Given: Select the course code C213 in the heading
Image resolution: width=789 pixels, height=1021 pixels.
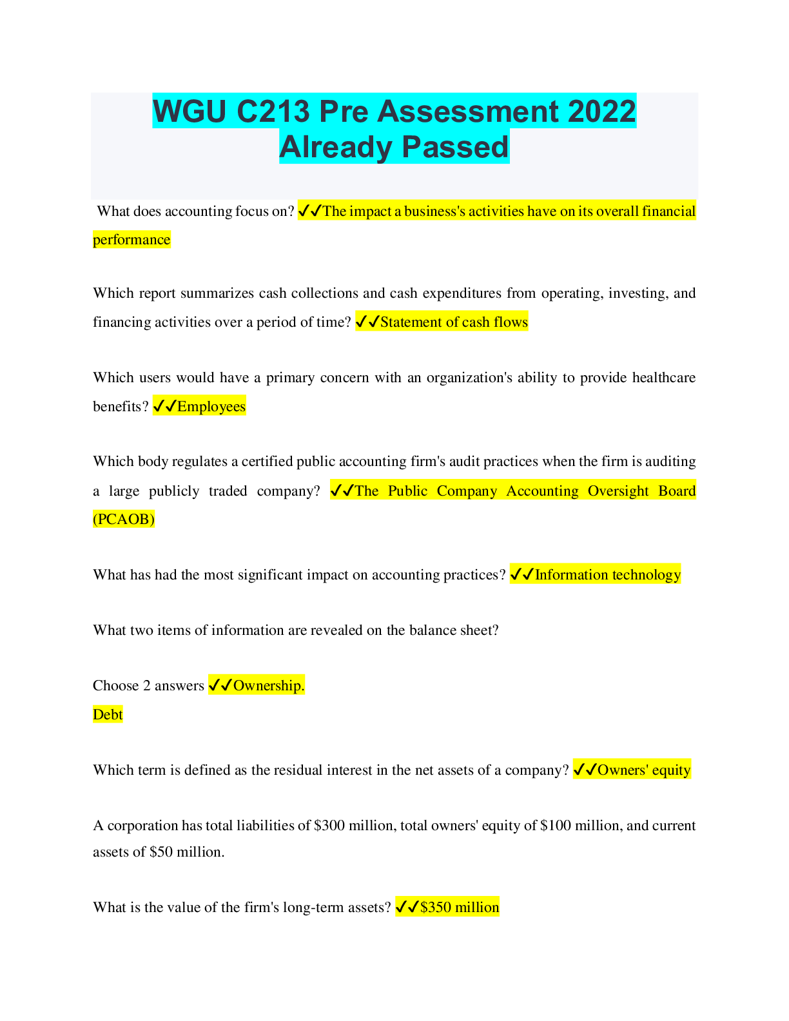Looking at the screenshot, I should click(x=273, y=111).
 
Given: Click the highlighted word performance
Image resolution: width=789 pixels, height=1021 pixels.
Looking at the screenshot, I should click(x=131, y=240).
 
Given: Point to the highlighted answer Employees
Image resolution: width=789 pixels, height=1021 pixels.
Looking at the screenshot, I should click(x=211, y=406).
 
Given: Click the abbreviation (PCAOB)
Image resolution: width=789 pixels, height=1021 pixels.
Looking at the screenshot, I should click(x=124, y=519).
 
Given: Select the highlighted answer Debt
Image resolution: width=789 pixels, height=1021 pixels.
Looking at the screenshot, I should click(x=108, y=714).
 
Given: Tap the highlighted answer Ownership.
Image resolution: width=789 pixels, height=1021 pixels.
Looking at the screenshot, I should click(x=268, y=685).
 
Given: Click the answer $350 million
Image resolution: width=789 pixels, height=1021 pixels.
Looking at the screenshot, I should click(x=459, y=907).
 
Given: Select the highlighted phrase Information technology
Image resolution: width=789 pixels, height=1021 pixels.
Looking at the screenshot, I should click(x=607, y=574).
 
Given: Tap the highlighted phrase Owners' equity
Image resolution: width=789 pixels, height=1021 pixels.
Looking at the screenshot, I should click(x=643, y=770).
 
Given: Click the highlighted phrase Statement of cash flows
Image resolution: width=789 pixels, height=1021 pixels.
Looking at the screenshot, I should click(x=454, y=322).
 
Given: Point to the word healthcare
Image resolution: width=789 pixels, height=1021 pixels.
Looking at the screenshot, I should click(x=663, y=377).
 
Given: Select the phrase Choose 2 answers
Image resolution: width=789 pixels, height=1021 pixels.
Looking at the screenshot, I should click(x=148, y=685).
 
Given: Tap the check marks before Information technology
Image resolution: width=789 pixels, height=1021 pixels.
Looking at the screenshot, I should click(x=521, y=574).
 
